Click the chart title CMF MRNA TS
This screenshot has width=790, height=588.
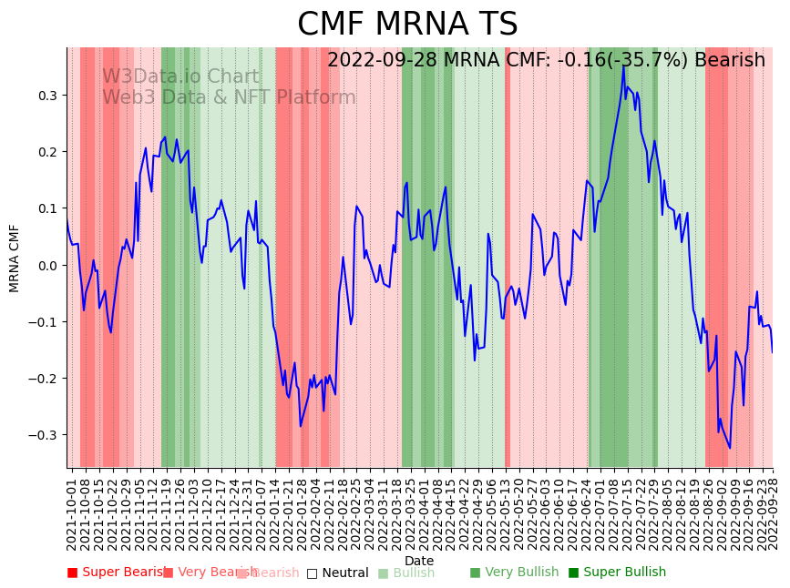click(x=407, y=25)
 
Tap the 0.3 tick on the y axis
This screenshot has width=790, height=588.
click(x=46, y=96)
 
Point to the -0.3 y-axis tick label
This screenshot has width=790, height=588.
click(x=44, y=435)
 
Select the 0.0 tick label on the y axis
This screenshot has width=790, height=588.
click(x=46, y=266)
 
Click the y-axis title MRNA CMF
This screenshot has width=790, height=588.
click(x=15, y=258)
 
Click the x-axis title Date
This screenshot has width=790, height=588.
click(x=419, y=561)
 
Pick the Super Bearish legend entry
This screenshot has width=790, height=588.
click(x=117, y=573)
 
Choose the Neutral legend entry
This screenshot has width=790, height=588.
click(x=337, y=573)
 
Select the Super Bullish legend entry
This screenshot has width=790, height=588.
click(x=617, y=573)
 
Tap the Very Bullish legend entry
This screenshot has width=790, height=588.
click(x=514, y=573)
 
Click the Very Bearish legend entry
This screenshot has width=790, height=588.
click(x=204, y=573)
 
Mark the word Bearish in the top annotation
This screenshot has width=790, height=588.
click(x=730, y=60)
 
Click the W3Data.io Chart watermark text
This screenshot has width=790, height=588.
click(x=180, y=76)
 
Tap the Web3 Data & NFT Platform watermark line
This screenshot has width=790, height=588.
click(x=229, y=97)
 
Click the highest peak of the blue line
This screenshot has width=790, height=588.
click(x=623, y=66)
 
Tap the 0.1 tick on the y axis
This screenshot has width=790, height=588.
click(x=46, y=208)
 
